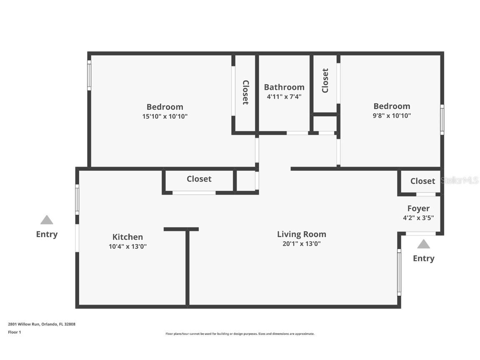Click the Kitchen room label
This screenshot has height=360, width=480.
pyautogui.click(x=127, y=237)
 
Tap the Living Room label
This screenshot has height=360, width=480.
pyautogui.click(x=301, y=234)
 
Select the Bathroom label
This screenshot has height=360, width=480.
pyautogui.click(x=284, y=87)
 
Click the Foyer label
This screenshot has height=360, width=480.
pyautogui.click(x=418, y=208)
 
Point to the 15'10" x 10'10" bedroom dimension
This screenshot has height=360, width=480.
pyautogui.click(x=165, y=117)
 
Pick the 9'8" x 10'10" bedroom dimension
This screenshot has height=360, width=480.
pyautogui.click(x=392, y=116)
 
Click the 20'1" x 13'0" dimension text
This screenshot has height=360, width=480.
pyautogui.click(x=301, y=244)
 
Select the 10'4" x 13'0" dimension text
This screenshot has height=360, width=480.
pyautogui.click(x=127, y=246)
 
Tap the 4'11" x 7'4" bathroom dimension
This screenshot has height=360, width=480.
pyautogui.click(x=284, y=97)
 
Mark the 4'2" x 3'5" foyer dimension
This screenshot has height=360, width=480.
pyautogui.click(x=418, y=217)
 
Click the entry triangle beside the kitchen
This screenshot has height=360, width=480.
pyautogui.click(x=47, y=220)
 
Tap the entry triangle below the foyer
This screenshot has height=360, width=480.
pyautogui.click(x=423, y=244)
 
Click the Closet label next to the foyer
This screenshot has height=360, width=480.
pyautogui.click(x=422, y=181)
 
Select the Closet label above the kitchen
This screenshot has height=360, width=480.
pyautogui.click(x=199, y=179)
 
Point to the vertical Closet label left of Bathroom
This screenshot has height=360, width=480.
pyautogui.click(x=245, y=92)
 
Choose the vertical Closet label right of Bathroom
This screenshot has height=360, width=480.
pyautogui.click(x=325, y=80)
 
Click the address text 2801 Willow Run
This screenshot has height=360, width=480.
pyautogui.click(x=42, y=324)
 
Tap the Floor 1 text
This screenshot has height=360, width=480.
pyautogui.click(x=14, y=332)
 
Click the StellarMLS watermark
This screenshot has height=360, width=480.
pyautogui.click(x=460, y=180)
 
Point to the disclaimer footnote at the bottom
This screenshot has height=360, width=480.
pyautogui.click(x=240, y=334)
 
